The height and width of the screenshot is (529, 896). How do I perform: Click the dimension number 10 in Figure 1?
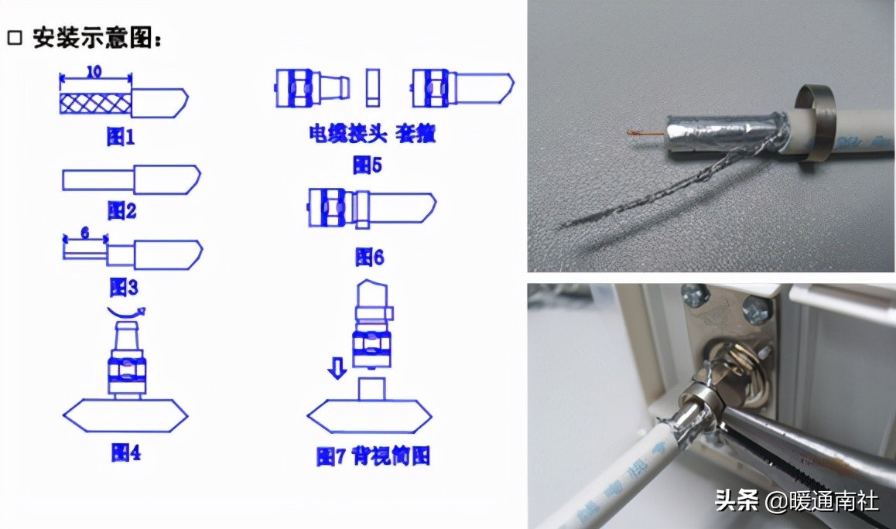[x=94, y=71]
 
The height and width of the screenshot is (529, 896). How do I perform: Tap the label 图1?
[x=121, y=138]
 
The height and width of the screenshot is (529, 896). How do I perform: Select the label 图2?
[x=121, y=210]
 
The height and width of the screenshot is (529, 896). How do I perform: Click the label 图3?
[x=123, y=288]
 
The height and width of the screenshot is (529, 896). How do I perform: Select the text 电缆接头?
[x=338, y=133]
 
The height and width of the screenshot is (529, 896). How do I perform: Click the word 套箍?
[x=416, y=133]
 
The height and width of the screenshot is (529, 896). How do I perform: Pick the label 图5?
[x=368, y=164]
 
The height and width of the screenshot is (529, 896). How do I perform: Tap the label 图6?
[x=369, y=257]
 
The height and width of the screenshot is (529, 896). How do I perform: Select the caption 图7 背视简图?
[x=373, y=456]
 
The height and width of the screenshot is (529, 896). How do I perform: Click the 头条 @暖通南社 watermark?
[x=797, y=501]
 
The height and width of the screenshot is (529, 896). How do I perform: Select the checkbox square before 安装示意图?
[x=15, y=38]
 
